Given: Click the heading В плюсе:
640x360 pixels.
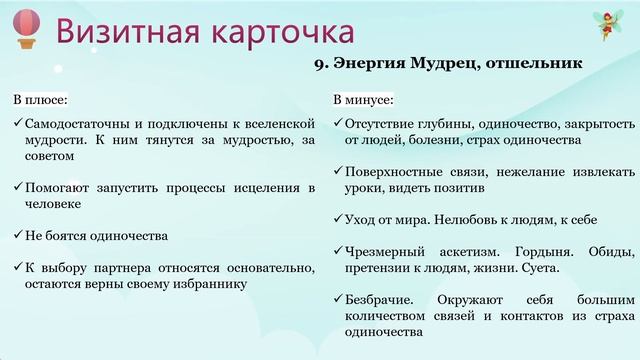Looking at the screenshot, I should click(x=41, y=101).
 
